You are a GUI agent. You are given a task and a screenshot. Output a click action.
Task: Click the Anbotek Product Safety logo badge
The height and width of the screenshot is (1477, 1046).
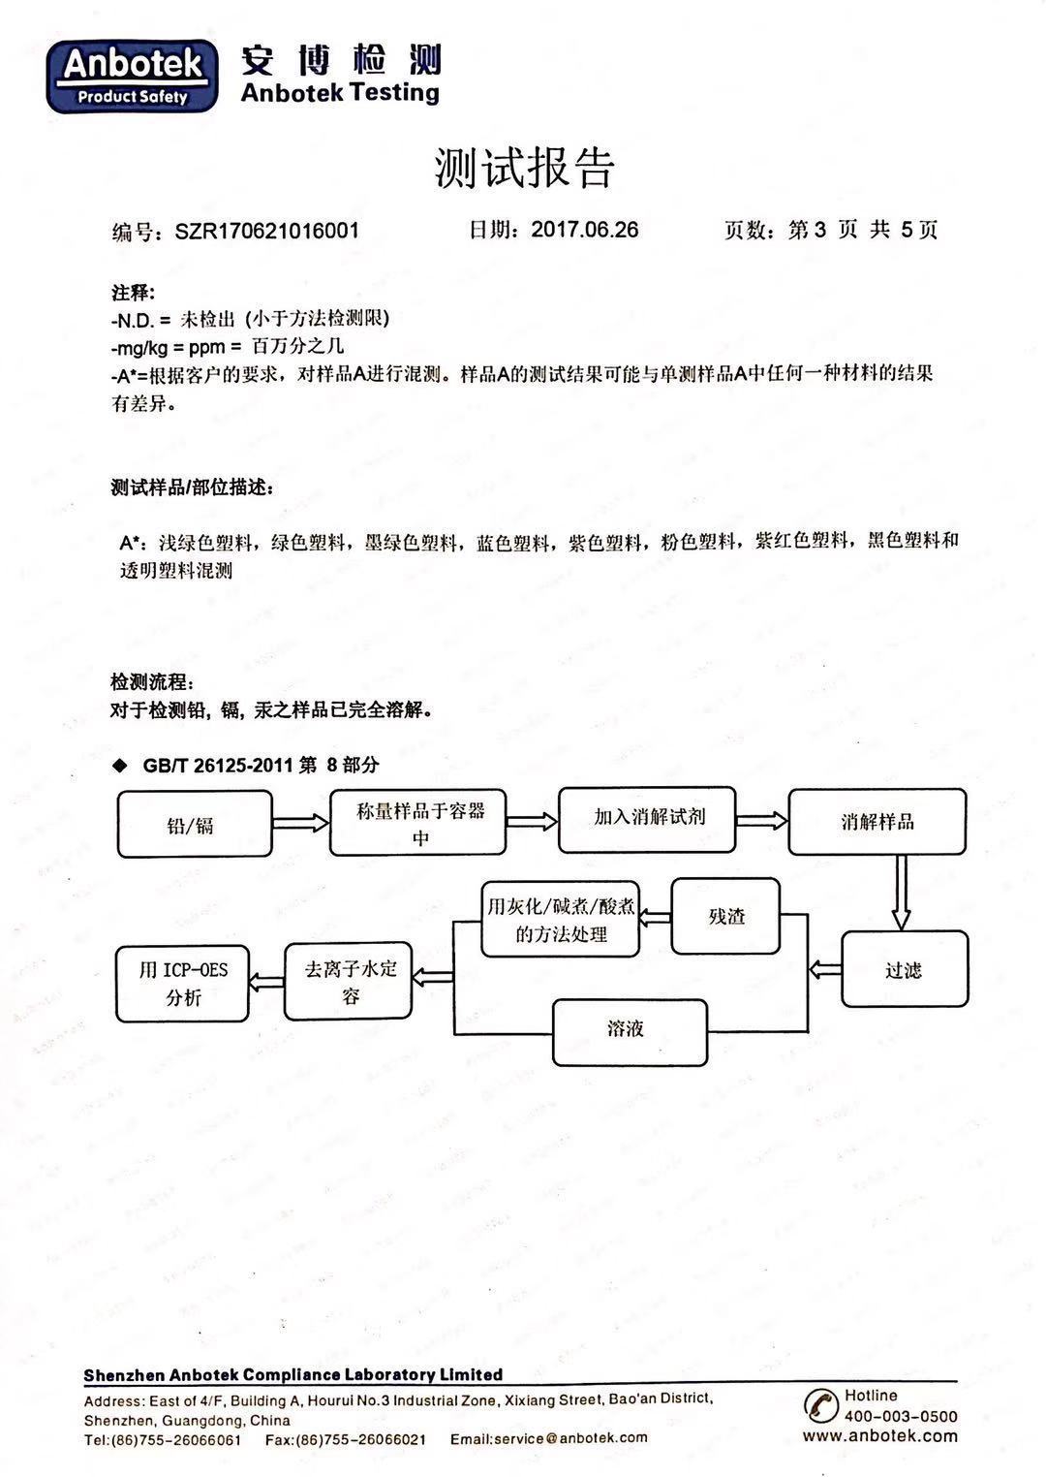click(x=132, y=77)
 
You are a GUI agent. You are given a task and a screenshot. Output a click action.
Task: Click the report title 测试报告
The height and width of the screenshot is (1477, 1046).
click(x=524, y=168)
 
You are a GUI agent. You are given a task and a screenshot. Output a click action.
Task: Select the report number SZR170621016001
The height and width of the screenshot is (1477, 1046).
click(x=267, y=231)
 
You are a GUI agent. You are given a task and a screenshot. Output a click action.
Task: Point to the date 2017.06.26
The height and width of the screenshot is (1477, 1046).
click(x=585, y=230)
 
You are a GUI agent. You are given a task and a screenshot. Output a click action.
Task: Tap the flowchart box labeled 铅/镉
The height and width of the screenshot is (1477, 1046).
click(x=195, y=824)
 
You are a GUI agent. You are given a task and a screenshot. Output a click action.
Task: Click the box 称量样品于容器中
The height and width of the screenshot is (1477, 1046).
click(x=417, y=823)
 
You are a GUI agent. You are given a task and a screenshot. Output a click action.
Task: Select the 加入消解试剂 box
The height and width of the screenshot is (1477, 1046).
click(x=647, y=820)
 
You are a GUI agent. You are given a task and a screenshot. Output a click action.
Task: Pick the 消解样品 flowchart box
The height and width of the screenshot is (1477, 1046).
click(x=877, y=822)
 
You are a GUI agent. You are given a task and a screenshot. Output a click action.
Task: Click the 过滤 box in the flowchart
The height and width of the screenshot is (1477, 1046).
click(x=905, y=969)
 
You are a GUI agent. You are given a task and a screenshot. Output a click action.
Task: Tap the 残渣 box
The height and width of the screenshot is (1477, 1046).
click(x=725, y=916)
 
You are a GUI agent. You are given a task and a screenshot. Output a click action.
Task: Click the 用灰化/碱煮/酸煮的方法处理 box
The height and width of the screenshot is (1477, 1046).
click(x=560, y=919)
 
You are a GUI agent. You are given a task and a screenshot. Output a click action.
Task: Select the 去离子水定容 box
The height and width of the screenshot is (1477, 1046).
click(x=349, y=981)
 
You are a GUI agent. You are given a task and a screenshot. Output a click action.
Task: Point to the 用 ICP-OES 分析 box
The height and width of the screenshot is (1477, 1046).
click(x=183, y=984)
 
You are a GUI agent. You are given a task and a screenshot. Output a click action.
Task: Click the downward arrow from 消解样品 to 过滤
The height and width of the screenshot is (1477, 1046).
click(x=901, y=894)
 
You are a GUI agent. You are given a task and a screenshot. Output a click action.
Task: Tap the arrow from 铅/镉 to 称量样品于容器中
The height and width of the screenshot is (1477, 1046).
click(x=301, y=822)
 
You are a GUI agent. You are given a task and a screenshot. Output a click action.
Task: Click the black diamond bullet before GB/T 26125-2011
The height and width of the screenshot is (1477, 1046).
click(x=120, y=766)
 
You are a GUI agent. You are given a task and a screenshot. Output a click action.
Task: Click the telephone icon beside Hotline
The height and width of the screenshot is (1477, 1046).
click(x=820, y=1405)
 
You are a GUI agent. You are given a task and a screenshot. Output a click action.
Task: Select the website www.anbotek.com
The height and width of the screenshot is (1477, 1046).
click(x=880, y=1435)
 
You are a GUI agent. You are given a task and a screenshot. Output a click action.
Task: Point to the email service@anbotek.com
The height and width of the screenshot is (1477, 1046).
click(x=570, y=1438)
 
